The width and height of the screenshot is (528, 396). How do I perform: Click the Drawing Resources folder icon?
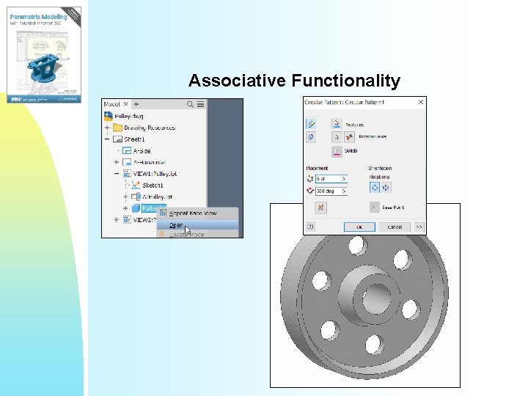[117, 128]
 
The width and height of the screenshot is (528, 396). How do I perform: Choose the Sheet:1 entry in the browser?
[134, 139]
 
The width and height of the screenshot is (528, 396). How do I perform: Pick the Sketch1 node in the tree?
[153, 186]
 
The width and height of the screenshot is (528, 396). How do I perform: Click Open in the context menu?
[177, 225]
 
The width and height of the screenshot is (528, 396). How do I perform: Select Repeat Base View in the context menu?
[193, 213]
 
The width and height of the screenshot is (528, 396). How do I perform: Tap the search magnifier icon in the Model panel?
[191, 105]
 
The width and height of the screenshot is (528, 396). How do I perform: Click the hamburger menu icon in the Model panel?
[201, 105]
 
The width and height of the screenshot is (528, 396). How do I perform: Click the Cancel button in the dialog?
[395, 227]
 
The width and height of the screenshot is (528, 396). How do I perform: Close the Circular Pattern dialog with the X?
[421, 103]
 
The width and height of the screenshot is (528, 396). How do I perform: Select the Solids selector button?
[337, 151]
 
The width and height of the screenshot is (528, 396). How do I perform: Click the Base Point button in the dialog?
[375, 208]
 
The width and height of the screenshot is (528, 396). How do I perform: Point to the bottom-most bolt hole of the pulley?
[373, 342]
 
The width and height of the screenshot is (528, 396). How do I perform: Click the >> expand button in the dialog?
[419, 227]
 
